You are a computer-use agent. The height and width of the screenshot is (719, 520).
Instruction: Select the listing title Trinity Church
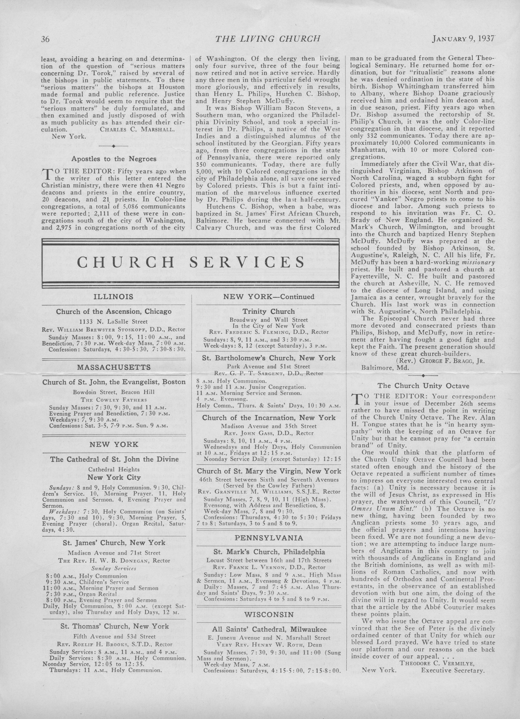pos(269,312)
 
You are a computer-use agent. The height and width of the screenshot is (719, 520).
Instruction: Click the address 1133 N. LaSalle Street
pos(113,321)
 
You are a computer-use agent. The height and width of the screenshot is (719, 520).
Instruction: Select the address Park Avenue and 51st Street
pos(269,366)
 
